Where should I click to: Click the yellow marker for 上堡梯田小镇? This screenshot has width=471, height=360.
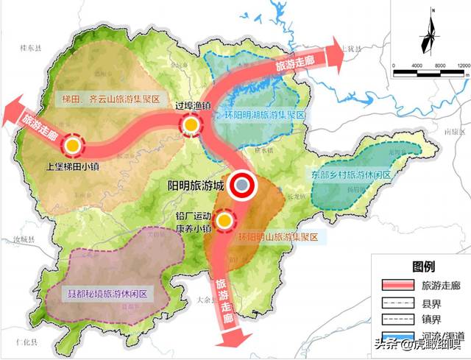(72, 146)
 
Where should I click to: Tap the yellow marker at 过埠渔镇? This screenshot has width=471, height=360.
(191, 125)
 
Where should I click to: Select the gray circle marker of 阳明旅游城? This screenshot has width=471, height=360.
(242, 187)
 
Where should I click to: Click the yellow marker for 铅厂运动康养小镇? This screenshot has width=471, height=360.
(224, 219)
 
